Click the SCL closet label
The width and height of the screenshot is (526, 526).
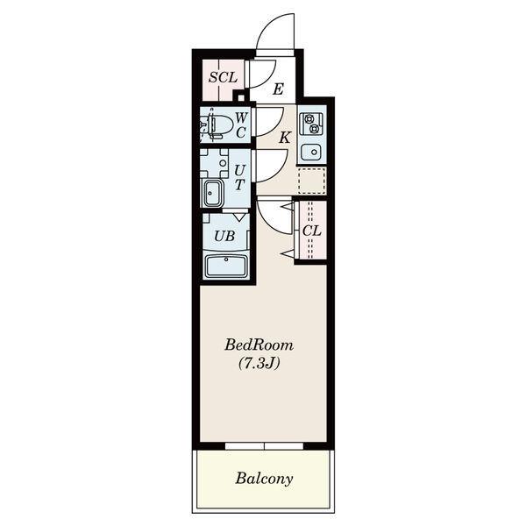(223, 77)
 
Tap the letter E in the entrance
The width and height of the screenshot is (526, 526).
(278, 89)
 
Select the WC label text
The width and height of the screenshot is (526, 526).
(241, 125)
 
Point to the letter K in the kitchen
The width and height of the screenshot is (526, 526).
(285, 138)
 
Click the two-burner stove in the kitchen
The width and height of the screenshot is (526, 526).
(311, 123)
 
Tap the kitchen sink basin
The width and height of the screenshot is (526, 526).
(311, 152)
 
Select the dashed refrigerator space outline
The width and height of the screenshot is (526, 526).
(311, 181)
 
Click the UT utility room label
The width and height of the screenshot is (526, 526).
(239, 177)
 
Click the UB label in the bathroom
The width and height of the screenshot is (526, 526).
(224, 237)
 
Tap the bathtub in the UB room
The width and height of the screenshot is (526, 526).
(226, 266)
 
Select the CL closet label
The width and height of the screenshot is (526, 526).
(311, 231)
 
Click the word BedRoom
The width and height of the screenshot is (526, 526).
(259, 345)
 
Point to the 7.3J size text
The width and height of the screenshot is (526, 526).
(259, 363)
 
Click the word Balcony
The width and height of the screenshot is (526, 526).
(264, 479)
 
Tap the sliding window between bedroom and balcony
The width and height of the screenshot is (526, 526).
(264, 446)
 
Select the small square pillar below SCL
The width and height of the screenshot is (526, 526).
(241, 97)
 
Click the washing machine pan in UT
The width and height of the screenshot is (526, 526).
(214, 163)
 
